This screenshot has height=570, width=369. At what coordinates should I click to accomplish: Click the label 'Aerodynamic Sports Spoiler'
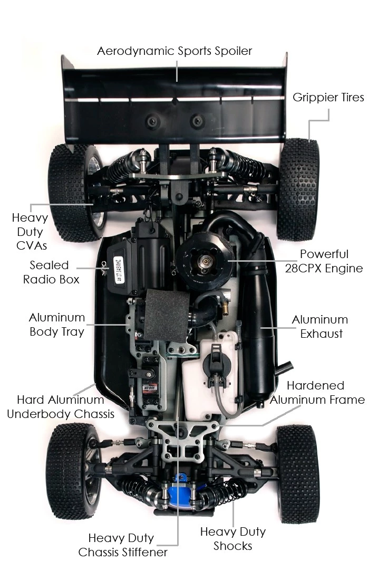tap(174, 51)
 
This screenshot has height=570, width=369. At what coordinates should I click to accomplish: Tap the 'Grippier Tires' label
tap(328, 98)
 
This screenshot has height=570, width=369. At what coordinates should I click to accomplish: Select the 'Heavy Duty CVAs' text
tap(30, 231)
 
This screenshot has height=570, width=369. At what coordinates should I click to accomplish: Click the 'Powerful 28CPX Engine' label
tap(331, 261)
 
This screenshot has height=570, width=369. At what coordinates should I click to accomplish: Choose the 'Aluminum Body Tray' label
tap(57, 325)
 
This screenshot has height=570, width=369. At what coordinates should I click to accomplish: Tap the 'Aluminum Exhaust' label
tap(320, 327)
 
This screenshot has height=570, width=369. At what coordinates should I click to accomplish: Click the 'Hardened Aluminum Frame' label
tap(317, 393)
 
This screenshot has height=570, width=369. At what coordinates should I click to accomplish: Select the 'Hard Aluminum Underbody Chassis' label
tap(61, 406)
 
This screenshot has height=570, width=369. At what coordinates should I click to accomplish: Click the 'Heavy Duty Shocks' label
tap(233, 538)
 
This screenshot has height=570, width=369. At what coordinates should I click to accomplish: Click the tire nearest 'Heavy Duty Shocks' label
tap(297, 472)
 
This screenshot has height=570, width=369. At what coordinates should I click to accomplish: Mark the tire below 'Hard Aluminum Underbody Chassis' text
tap(72, 470)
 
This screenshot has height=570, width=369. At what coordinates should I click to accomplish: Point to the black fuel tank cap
tap(217, 359)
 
